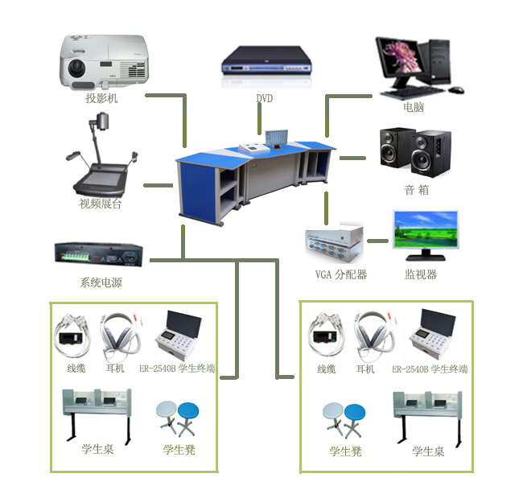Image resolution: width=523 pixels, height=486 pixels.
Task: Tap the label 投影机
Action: point(101,99)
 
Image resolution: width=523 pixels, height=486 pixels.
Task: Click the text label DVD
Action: point(265,98)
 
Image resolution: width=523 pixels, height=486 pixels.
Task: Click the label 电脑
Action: point(414,107)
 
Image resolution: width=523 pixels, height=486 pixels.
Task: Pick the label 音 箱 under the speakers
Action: point(416,191)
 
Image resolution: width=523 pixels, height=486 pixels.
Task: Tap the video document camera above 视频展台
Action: point(100,157)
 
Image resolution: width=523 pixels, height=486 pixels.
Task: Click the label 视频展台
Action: point(101,204)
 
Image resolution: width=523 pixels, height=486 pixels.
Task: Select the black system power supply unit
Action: point(100,255)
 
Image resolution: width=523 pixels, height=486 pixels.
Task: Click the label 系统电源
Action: point(101,282)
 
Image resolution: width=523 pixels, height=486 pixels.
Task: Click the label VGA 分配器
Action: point(340,274)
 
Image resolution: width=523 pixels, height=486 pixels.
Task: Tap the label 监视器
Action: point(421,274)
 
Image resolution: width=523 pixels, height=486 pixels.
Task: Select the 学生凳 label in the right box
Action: point(345,451)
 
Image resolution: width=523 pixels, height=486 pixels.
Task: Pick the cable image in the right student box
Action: point(326,333)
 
